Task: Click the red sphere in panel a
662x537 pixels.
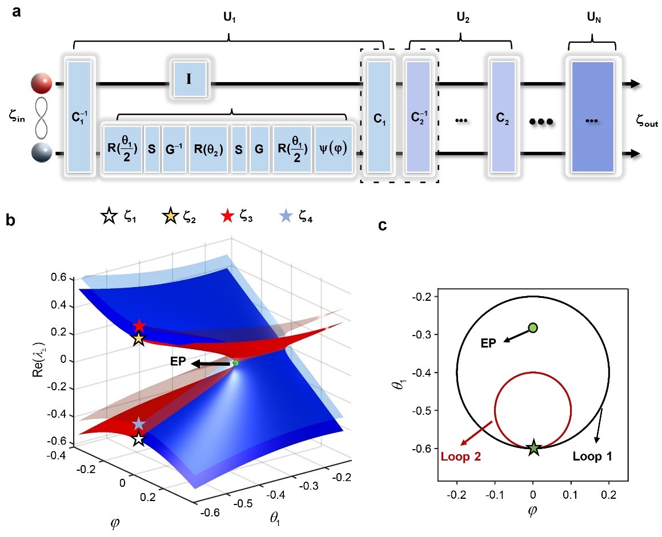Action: click(x=43, y=84)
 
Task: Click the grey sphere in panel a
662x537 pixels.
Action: click(x=43, y=153)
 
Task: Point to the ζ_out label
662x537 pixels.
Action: click(x=646, y=120)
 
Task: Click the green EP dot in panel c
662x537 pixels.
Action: click(x=533, y=328)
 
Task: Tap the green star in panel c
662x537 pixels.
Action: click(x=533, y=448)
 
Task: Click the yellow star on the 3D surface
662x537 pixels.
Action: click(x=139, y=339)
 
